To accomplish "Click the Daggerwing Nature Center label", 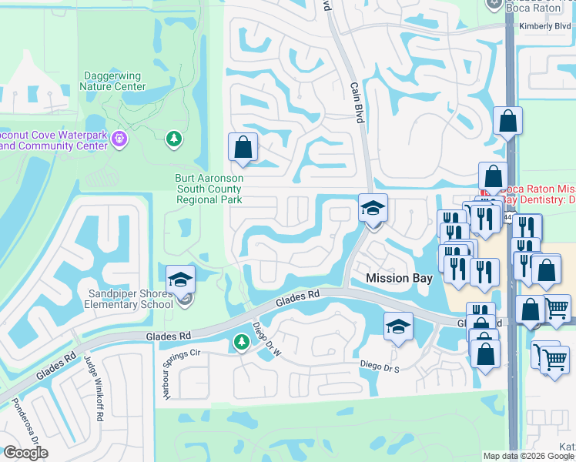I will coord(112,82).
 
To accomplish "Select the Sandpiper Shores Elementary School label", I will coord(130,299).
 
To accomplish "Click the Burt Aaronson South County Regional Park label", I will coord(209,189).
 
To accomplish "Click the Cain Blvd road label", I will coord(357,103).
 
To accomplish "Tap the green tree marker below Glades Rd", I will coord(240,341).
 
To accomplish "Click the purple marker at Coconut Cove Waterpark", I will coord(119,139).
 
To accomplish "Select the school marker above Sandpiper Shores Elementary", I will coord(180,280).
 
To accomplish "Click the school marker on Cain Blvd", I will coord(373,208).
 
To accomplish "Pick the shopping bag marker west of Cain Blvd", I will coord(243,148).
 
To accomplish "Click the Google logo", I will coord(25,453).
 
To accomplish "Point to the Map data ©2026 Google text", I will coord(528,456).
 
